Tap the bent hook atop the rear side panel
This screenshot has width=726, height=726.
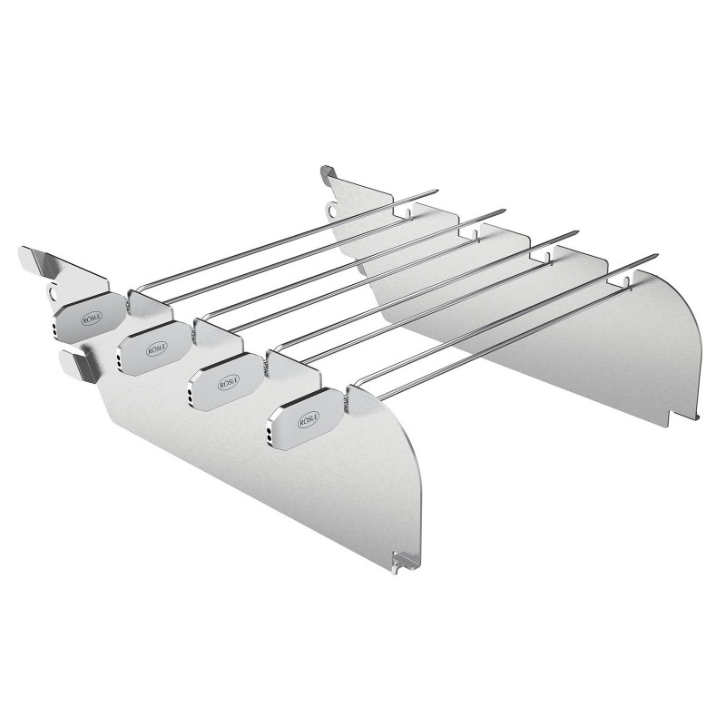(329, 172)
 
